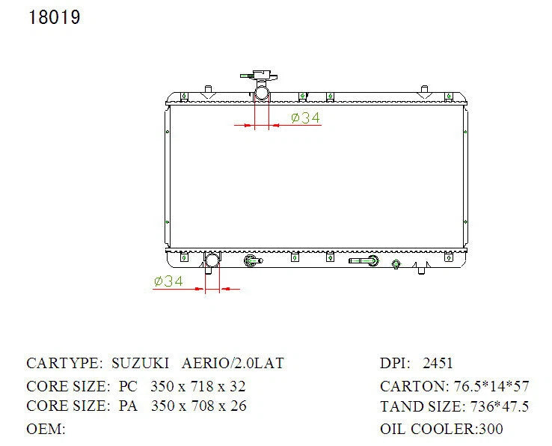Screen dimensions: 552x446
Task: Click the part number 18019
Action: point(54,18)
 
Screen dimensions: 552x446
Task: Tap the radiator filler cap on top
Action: point(260,76)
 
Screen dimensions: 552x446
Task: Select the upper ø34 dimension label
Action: point(306,117)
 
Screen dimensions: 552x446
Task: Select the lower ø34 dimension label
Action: point(168,281)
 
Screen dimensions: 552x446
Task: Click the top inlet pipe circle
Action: point(262,94)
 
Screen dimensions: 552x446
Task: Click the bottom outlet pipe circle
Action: point(212,260)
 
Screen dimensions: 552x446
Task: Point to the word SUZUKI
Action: point(140,363)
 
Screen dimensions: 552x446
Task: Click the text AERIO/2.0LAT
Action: point(233,363)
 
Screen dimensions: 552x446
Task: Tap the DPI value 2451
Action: point(438,363)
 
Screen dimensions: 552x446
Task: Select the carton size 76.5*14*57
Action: point(491,386)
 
